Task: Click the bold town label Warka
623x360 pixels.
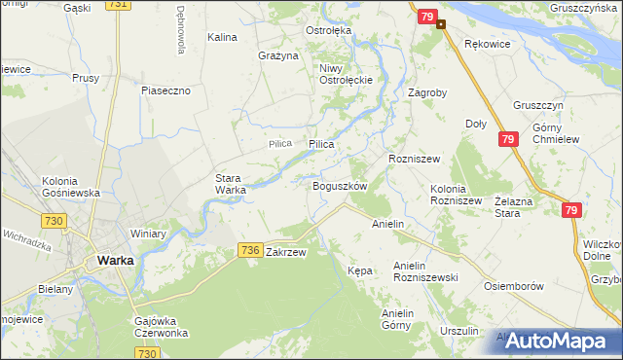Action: pos(114,260)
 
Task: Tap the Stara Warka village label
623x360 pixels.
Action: pos(231,184)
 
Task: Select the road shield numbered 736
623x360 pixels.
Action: pos(249,251)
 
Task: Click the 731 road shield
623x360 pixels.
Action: pos(118,5)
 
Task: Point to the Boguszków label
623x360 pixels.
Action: pos(339,185)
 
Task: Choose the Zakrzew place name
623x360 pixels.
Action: pos(286,252)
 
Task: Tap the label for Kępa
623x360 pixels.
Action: pos(360,270)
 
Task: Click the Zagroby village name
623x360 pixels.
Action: pos(427,94)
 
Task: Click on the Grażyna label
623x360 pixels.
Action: pos(277,55)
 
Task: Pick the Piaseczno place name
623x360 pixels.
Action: pos(171,90)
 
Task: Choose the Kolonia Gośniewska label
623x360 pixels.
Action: pos(71,187)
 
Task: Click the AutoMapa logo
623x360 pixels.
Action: pos(557,341)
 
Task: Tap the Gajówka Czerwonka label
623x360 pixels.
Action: pos(161,325)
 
